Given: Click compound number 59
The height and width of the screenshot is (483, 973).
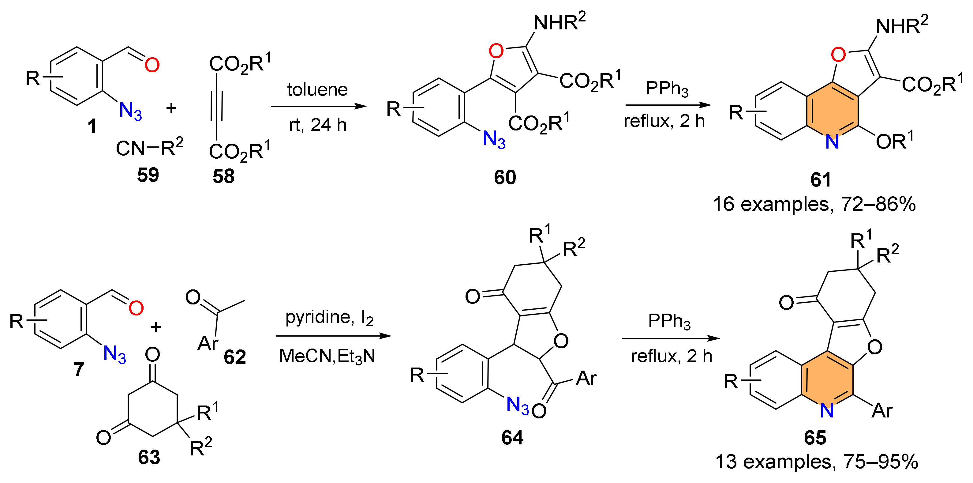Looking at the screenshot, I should tap(148, 175).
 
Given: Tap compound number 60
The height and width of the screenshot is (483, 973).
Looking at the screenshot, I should tap(505, 177).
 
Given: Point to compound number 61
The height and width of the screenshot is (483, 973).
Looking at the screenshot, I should tap(821, 179).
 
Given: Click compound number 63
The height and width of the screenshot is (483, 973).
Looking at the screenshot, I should tap(149, 457).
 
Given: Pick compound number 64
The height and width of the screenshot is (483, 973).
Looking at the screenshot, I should tap(512, 438).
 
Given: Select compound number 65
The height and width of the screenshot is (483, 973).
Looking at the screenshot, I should tap(815, 438).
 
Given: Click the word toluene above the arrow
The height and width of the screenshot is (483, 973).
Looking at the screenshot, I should tap(317, 89).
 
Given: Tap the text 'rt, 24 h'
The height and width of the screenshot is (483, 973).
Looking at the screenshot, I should tap(318, 125).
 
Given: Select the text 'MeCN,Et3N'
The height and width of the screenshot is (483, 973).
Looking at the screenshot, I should tap(327, 356).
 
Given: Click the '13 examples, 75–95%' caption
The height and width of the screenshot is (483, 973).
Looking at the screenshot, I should tap(817, 462).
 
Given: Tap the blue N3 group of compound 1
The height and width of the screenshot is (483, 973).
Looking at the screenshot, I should tap(130, 111).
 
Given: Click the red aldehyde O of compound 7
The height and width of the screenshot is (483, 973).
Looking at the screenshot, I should tap(136, 308).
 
